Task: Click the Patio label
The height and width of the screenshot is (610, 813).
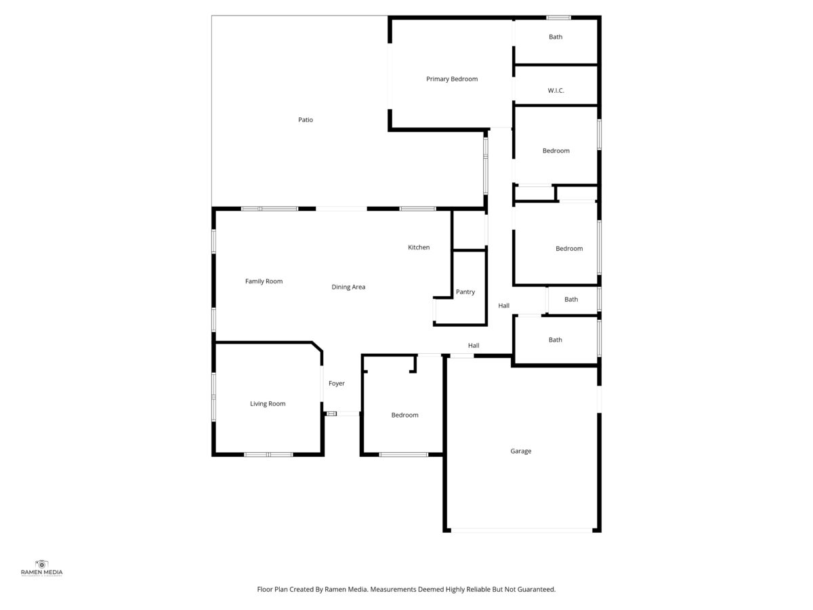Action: pos(305,120)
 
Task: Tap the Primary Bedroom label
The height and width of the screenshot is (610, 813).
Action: pos(451,79)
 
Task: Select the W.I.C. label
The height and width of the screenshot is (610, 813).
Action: pos(556,90)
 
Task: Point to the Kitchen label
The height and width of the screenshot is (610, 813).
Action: pos(419,247)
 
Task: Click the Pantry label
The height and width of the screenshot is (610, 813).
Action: pos(465,292)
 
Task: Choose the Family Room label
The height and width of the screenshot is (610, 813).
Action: pos(264,281)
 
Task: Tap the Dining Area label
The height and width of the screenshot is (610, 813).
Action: pos(348,287)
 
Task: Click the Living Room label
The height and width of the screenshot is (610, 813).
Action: pos(268,404)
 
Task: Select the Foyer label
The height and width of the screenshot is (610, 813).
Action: pos(336,384)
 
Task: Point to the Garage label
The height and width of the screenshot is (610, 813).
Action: pos(520,451)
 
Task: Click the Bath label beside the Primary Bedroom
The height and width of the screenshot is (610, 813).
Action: pos(555,37)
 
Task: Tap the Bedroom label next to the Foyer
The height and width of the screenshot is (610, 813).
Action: pos(404,415)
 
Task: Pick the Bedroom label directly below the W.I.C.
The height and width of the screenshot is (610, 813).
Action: pos(556,150)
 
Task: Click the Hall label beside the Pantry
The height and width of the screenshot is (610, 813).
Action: pos(503,306)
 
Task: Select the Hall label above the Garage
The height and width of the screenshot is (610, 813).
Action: pos(474,346)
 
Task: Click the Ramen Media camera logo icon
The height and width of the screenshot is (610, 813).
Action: pos(41,564)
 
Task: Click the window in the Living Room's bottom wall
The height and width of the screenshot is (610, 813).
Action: pos(268,454)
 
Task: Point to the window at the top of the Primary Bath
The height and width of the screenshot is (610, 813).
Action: pos(558,18)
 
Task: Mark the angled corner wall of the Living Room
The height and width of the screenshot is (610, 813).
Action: pos(317,346)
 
